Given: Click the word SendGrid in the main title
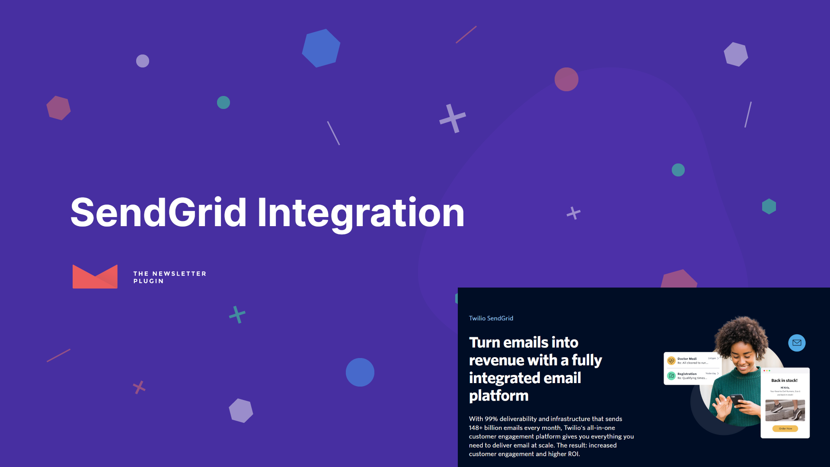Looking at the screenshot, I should pos(158,213).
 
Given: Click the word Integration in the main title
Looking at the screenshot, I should pos(361,213).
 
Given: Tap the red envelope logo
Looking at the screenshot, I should pos(95,277).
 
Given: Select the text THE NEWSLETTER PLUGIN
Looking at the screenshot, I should pos(169,277).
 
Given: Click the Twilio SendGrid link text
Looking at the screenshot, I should pos(491,318).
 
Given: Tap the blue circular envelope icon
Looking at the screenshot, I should pos(797,343).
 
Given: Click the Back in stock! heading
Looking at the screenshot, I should pos(784,381).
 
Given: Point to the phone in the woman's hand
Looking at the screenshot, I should pos(736,400).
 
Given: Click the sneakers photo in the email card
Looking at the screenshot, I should pos(785,410).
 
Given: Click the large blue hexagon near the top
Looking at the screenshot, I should pos(321,48).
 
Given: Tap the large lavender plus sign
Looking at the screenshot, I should pos(453,118).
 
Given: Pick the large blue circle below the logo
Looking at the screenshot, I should pos(360,372).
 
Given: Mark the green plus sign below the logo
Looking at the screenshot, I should pos(237,314).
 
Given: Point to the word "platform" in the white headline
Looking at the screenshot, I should pos(498,396).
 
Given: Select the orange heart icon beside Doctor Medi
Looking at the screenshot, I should pos(671,361).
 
